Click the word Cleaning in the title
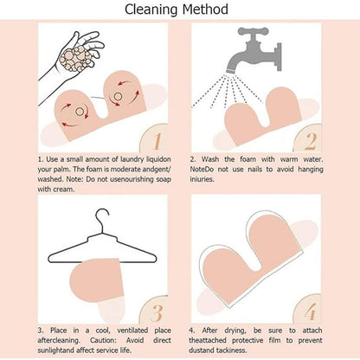[151, 10]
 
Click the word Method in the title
[205, 10]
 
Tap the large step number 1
[157, 141]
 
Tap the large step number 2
[310, 141]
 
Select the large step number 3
[157, 313]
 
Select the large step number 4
[311, 312]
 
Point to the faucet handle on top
[253, 31]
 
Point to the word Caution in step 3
[103, 340]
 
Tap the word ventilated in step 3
[132, 331]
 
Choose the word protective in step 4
[247, 341]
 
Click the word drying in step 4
[235, 331]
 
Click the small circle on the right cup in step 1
[118, 96]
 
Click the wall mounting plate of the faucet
[279, 57]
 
